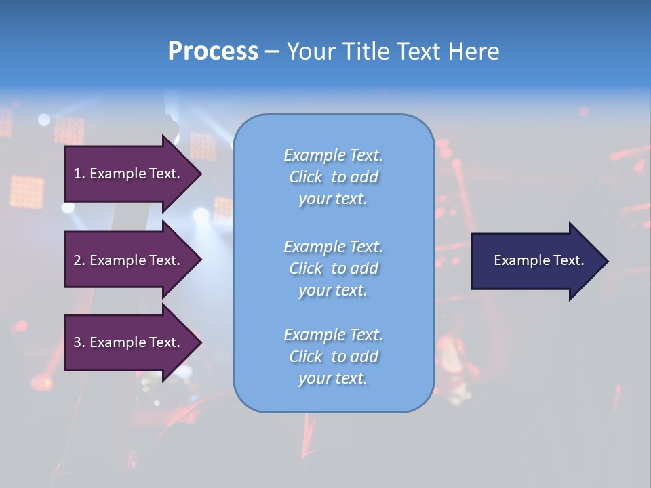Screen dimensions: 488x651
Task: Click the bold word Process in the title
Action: click(213, 52)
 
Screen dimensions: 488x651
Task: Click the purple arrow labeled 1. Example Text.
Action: click(129, 174)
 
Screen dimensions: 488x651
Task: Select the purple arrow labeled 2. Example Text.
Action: click(129, 260)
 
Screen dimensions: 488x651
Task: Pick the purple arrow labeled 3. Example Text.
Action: click(129, 342)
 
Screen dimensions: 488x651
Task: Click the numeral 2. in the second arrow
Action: click(79, 260)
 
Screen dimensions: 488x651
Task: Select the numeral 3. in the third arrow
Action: click(79, 342)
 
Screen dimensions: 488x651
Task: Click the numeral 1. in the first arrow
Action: click(79, 174)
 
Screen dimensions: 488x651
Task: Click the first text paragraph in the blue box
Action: click(333, 177)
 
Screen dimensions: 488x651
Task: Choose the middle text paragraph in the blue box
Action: click(333, 268)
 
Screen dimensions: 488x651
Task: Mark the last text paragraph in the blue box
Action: click(333, 357)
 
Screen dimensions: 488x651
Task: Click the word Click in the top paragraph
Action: click(306, 177)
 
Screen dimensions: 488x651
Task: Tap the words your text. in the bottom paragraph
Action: click(333, 379)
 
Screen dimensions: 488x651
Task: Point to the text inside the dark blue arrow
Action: click(538, 260)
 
